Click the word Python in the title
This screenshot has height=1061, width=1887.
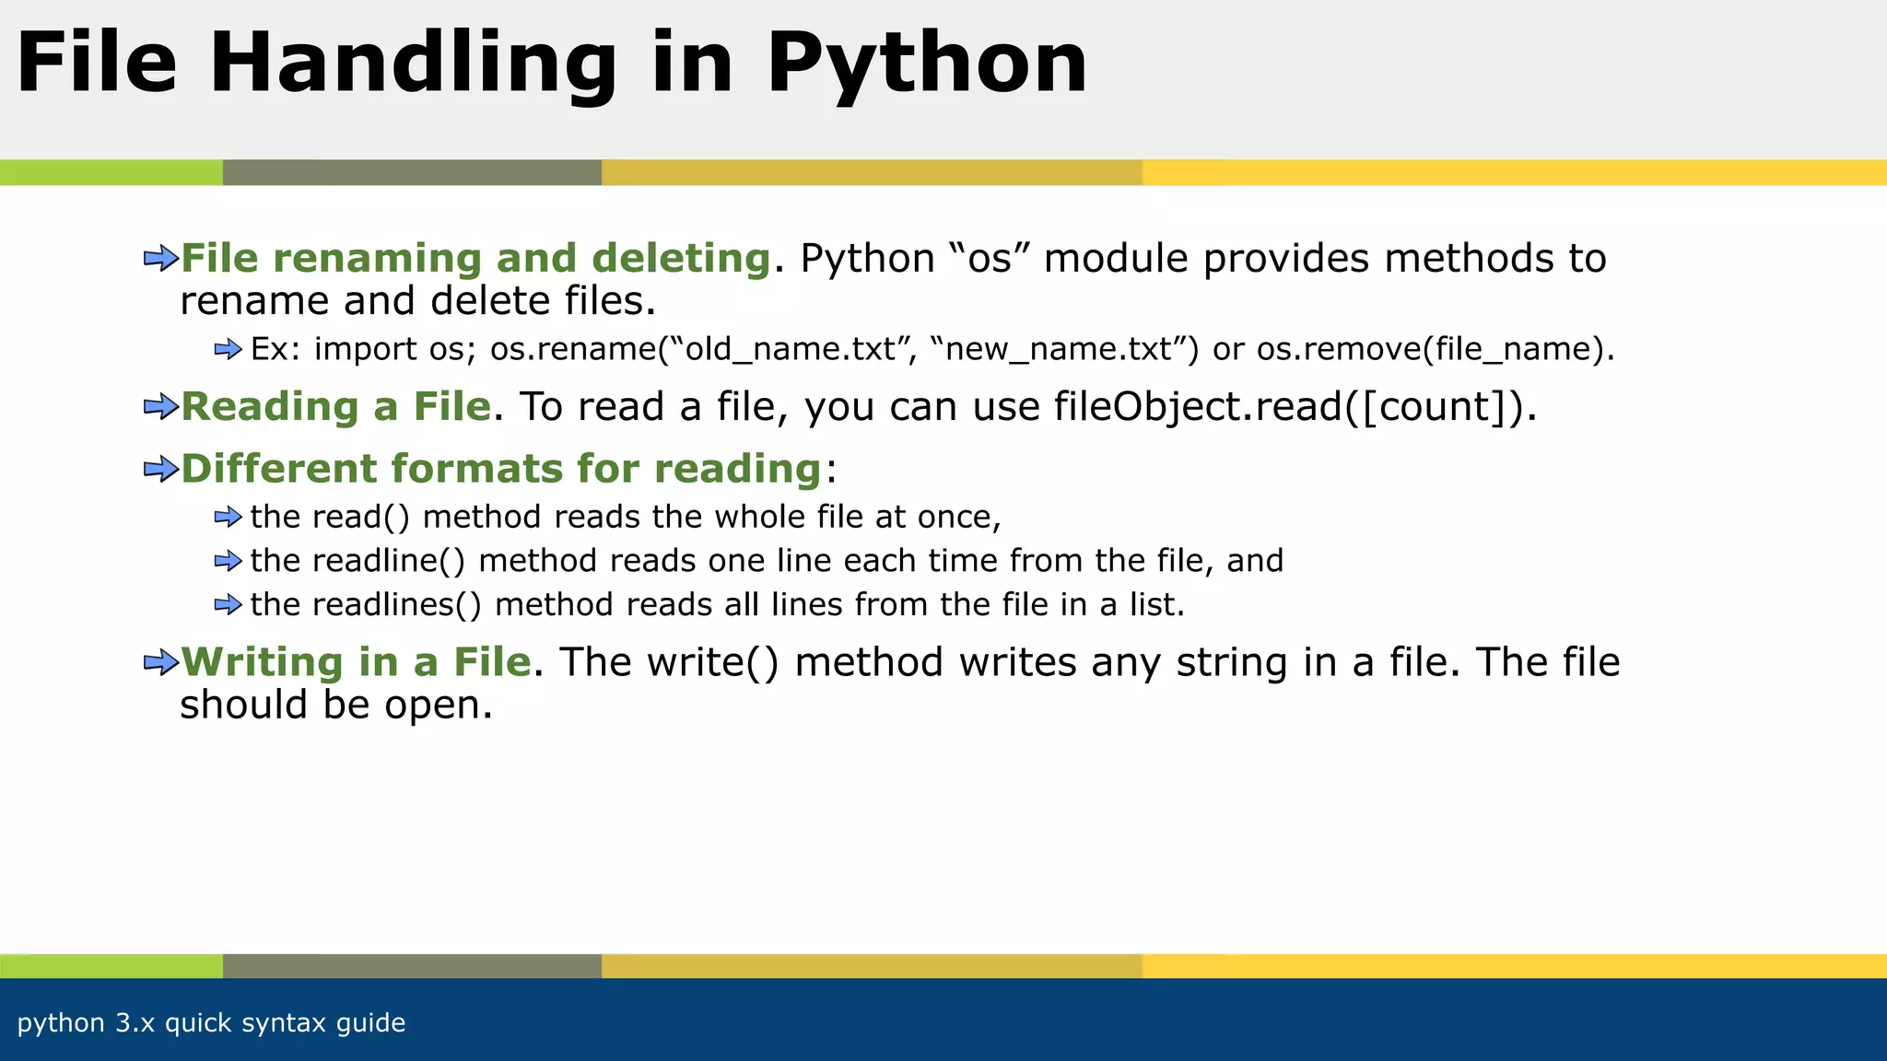(926, 64)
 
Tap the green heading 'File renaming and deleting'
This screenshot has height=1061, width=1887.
(475, 259)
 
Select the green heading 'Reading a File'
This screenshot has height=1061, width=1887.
(336, 407)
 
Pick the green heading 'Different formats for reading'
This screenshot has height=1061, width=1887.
(500, 469)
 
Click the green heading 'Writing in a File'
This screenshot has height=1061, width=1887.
(357, 662)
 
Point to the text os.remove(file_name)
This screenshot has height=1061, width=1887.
(1435, 349)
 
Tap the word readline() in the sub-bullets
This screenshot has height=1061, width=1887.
(357, 561)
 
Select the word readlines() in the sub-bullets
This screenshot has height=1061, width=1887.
(366, 605)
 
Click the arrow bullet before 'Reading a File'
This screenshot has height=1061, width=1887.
(160, 407)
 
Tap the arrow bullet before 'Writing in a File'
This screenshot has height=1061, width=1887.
(160, 662)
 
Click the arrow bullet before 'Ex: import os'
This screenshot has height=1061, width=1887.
(228, 349)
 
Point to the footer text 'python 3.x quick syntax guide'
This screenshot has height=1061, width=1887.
(211, 1023)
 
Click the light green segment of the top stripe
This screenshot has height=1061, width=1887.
(111, 172)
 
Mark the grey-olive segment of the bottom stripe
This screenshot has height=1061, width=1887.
(412, 966)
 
